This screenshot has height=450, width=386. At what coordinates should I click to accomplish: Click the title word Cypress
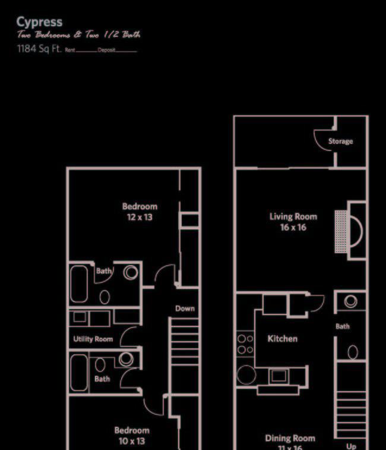(x=39, y=23)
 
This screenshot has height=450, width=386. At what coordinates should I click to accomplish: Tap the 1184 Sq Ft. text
(x=40, y=49)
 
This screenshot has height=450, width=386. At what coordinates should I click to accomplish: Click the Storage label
(x=340, y=141)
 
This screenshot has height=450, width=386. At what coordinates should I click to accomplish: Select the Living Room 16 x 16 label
(x=293, y=222)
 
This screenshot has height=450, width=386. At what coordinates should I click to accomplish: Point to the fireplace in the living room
(x=350, y=231)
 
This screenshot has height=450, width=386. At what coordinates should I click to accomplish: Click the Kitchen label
(x=282, y=339)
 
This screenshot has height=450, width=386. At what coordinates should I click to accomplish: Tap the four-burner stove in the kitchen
(x=245, y=344)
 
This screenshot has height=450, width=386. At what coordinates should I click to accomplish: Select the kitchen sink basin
(x=277, y=376)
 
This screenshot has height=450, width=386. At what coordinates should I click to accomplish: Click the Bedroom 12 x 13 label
(x=140, y=212)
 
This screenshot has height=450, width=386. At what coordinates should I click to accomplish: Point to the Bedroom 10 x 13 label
(x=132, y=435)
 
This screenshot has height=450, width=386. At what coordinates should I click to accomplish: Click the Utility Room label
(x=93, y=339)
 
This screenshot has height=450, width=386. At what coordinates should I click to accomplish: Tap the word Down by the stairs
(x=185, y=309)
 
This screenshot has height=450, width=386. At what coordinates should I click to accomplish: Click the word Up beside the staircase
(x=351, y=446)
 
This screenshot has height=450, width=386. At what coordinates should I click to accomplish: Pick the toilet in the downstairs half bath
(x=352, y=352)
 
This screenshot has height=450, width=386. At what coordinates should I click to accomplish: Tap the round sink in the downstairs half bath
(x=351, y=301)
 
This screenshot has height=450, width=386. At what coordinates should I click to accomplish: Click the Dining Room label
(x=290, y=439)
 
